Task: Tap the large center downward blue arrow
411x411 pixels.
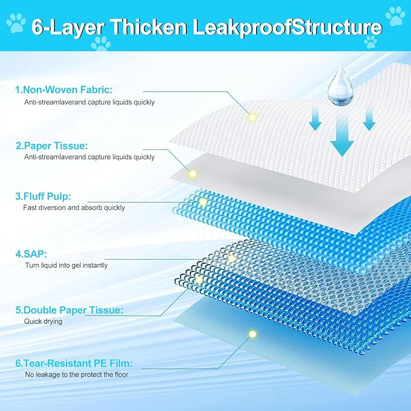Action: [341, 137]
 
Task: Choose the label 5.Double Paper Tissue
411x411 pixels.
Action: [69, 310]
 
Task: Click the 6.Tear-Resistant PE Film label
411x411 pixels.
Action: [74, 363]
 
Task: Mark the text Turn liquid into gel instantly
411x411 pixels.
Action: [67, 265]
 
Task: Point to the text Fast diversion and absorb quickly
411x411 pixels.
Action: [74, 208]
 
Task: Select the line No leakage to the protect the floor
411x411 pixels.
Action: [76, 375]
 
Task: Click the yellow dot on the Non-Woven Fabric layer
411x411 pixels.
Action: [252, 116]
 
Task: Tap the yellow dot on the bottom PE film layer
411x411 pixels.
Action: [252, 334]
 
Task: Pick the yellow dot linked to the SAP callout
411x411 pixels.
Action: [231, 259]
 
